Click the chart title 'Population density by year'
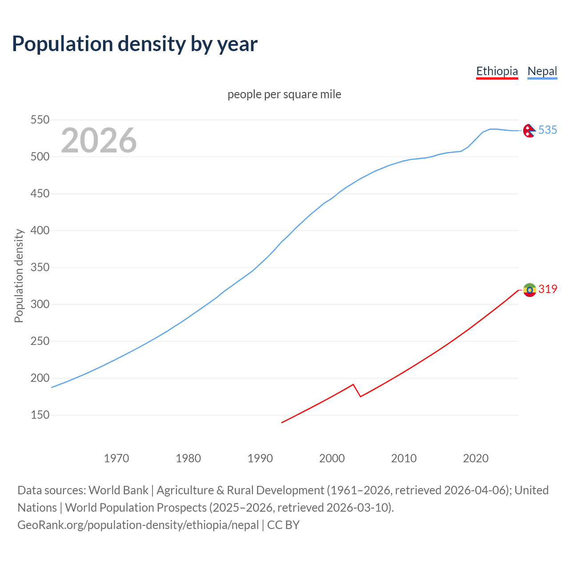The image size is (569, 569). (135, 44)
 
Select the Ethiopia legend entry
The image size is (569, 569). (497, 71)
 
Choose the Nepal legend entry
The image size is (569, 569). (542, 71)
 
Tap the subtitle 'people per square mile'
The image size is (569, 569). (284, 94)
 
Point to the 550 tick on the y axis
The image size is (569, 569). (40, 120)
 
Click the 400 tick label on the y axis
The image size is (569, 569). (40, 231)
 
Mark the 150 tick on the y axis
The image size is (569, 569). (40, 415)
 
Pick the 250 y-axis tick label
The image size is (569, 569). (40, 341)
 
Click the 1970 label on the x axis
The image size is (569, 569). (116, 458)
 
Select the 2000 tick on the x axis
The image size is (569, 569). (332, 458)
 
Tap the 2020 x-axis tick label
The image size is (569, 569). (476, 458)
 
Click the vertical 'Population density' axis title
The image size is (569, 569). (19, 276)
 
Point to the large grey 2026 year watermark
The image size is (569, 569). (99, 140)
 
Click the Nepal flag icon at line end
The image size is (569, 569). (529, 131)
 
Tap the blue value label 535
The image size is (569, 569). (548, 130)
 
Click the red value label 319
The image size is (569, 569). (548, 289)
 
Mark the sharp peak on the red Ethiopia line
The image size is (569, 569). (353, 385)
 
